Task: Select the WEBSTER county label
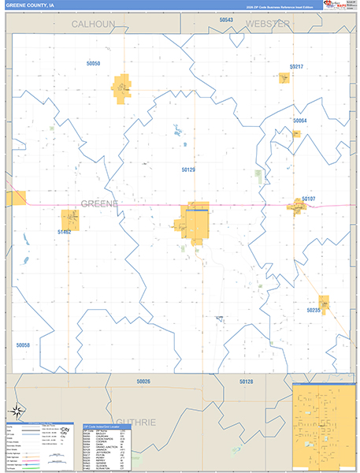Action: point(268,24)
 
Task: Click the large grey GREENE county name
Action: point(99,204)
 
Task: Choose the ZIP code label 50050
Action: point(93,63)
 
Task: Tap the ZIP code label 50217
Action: point(296,67)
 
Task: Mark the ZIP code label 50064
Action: point(299,121)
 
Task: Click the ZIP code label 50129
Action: point(188,169)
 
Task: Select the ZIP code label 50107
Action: point(308,199)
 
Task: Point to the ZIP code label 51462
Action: point(65,233)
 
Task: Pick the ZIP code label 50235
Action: point(314,310)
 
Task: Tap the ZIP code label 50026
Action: point(143,382)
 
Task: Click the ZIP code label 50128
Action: point(247,382)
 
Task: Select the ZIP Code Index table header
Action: point(106,426)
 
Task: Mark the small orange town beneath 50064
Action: point(296,134)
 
